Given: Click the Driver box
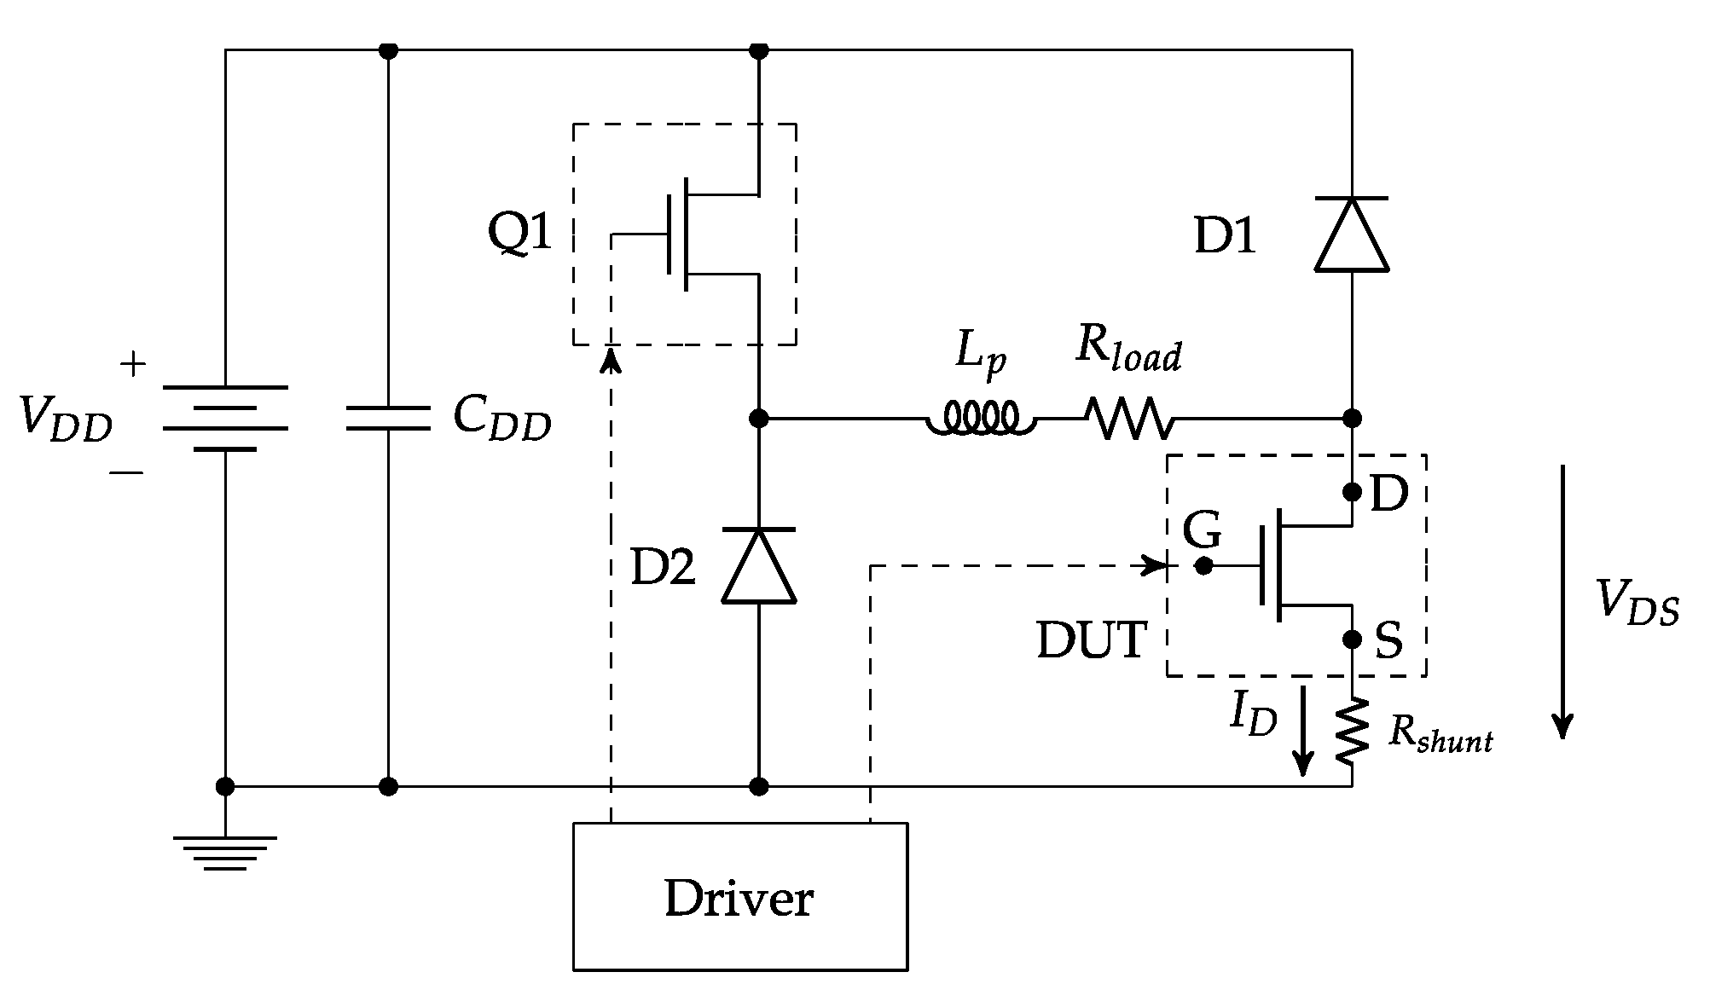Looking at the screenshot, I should tap(739, 896).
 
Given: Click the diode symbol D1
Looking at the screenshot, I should tap(1351, 234).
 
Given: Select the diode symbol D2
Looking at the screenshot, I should tap(758, 566).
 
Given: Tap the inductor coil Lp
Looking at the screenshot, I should tap(980, 419).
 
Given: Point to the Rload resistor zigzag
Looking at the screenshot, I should tap(1129, 419).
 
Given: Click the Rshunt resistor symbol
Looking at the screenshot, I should tap(1353, 732).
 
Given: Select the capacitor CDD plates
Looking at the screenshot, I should tap(388, 419).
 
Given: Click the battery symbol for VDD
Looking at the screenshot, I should tap(225, 418).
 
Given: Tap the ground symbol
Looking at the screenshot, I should tap(225, 853).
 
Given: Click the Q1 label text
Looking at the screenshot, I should tap(519, 232).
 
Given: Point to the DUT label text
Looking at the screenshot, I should tap(1091, 640).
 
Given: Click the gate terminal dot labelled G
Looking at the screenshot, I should tap(1203, 565).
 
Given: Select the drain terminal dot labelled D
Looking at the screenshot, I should tap(1352, 492).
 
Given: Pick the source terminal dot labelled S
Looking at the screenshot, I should tap(1352, 639).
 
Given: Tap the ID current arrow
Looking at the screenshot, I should tap(1301, 733).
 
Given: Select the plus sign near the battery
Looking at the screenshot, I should tap(133, 366).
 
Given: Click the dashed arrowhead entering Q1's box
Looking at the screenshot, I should tap(611, 360).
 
